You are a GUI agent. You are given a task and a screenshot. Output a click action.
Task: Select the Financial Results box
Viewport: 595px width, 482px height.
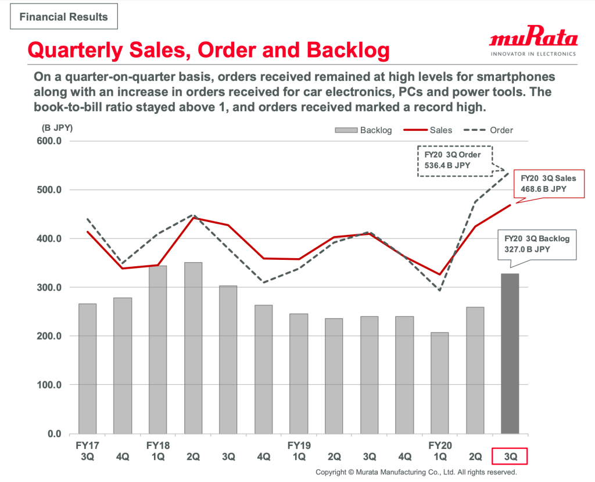click(64, 16)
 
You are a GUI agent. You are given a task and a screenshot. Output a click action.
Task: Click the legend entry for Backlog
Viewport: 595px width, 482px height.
click(364, 130)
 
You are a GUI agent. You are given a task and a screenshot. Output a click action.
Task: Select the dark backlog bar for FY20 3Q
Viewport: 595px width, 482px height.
click(510, 354)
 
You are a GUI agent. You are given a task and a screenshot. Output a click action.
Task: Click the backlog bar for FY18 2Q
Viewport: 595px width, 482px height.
click(193, 348)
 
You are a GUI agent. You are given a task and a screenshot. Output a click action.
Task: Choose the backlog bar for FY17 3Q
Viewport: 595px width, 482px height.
click(87, 368)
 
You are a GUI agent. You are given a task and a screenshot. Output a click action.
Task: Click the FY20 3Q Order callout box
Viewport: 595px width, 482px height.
click(454, 161)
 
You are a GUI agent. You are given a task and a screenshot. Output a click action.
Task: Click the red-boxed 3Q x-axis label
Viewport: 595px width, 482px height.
click(510, 456)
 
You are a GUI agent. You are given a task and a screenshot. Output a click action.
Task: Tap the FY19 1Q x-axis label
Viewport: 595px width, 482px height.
click(299, 451)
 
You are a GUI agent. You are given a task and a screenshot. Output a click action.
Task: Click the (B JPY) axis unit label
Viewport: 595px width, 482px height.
click(57, 127)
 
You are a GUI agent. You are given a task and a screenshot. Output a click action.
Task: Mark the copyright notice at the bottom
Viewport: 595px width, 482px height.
click(416, 473)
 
